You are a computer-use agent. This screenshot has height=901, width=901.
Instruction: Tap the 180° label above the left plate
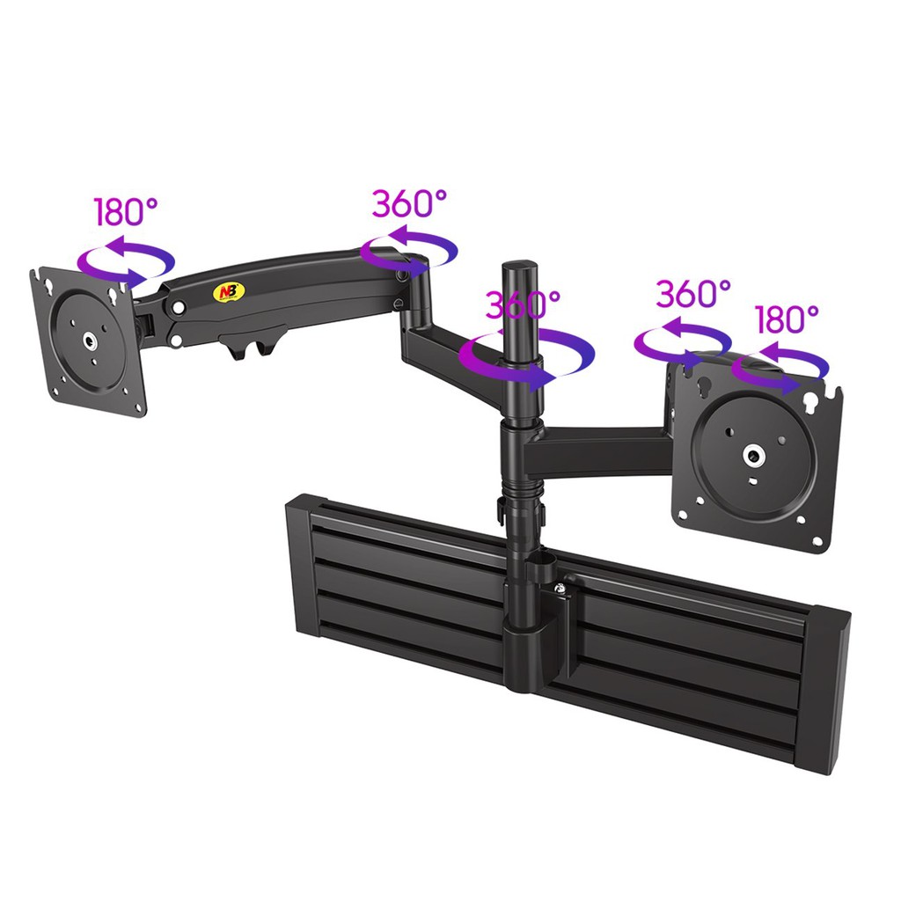126,211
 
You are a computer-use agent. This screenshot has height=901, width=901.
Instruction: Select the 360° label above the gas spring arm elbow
408,203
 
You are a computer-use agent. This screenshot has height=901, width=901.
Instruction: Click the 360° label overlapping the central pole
523,304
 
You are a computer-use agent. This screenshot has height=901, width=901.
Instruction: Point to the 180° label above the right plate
786,319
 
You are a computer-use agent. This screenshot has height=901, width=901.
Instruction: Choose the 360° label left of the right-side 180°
693,294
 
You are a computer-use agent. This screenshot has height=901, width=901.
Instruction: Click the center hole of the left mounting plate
90,342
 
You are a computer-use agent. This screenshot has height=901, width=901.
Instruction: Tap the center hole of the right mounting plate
752,456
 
